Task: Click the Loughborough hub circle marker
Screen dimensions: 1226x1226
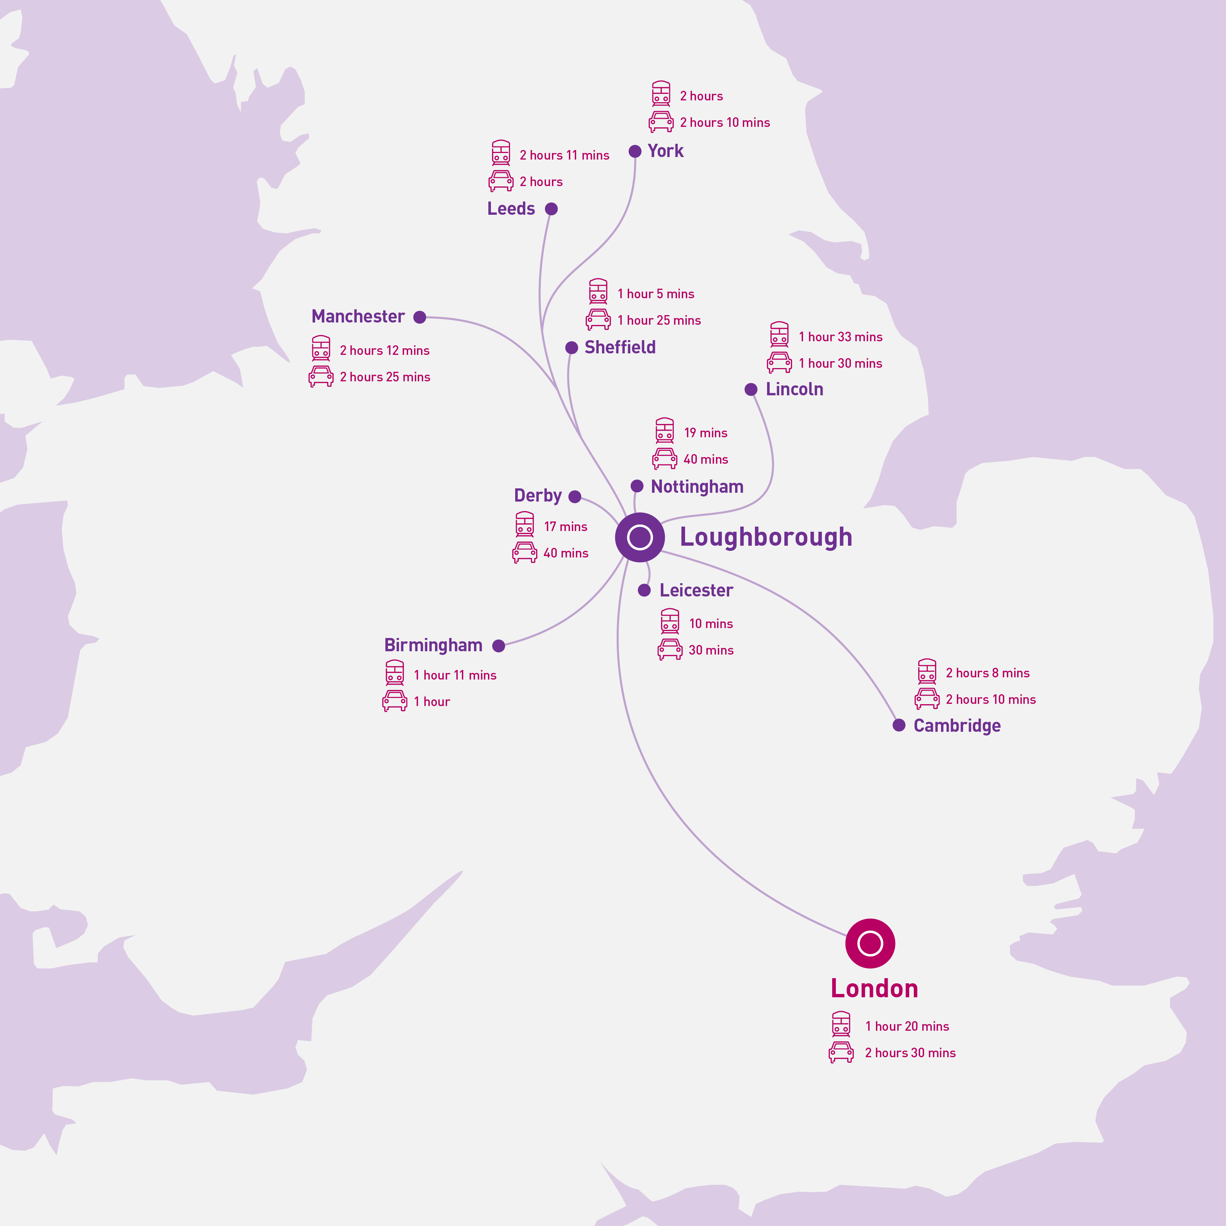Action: (639, 537)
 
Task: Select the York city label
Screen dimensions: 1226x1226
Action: (665, 151)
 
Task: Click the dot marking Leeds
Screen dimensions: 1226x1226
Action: (552, 209)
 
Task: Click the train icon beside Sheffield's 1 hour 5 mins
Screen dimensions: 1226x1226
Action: (598, 291)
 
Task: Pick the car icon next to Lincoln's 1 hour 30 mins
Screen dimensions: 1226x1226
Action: (779, 362)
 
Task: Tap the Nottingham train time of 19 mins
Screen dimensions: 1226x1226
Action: (706, 433)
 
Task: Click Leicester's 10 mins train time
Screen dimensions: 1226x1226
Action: (711, 624)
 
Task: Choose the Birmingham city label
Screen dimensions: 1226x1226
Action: (434, 645)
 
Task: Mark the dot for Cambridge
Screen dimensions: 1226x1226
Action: (899, 725)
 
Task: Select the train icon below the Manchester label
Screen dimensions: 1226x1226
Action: (321, 348)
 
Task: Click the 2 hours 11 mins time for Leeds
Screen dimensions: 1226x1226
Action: (564, 156)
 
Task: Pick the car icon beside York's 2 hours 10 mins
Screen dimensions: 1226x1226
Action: (661, 121)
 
